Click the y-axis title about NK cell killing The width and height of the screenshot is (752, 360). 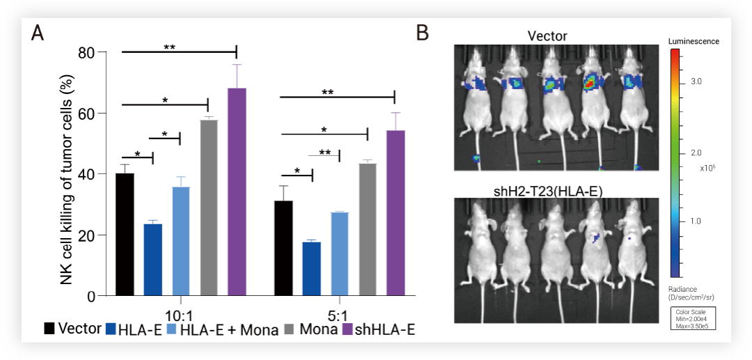tap(67, 174)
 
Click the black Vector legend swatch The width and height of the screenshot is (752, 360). tap(49, 329)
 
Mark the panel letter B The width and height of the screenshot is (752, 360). tap(422, 33)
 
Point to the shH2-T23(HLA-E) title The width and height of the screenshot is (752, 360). tap(547, 190)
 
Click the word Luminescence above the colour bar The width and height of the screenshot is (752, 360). tap(694, 42)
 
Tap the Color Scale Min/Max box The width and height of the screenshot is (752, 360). tap(694, 318)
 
